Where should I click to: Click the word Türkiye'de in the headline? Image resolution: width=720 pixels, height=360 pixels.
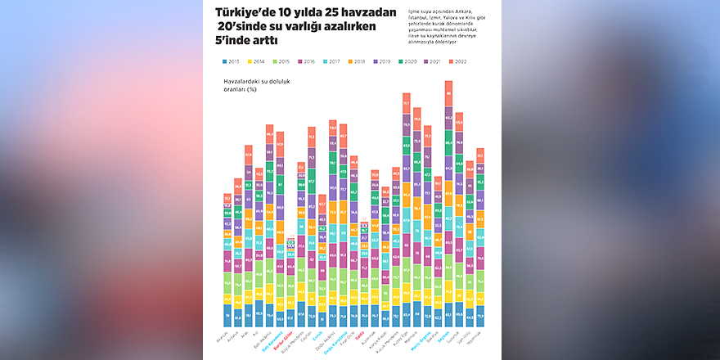(245, 13)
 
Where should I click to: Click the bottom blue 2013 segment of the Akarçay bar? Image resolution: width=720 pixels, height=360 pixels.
(227, 314)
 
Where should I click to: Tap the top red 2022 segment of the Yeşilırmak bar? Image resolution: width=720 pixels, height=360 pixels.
(480, 155)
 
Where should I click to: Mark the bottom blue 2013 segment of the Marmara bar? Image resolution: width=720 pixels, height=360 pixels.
(417, 313)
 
